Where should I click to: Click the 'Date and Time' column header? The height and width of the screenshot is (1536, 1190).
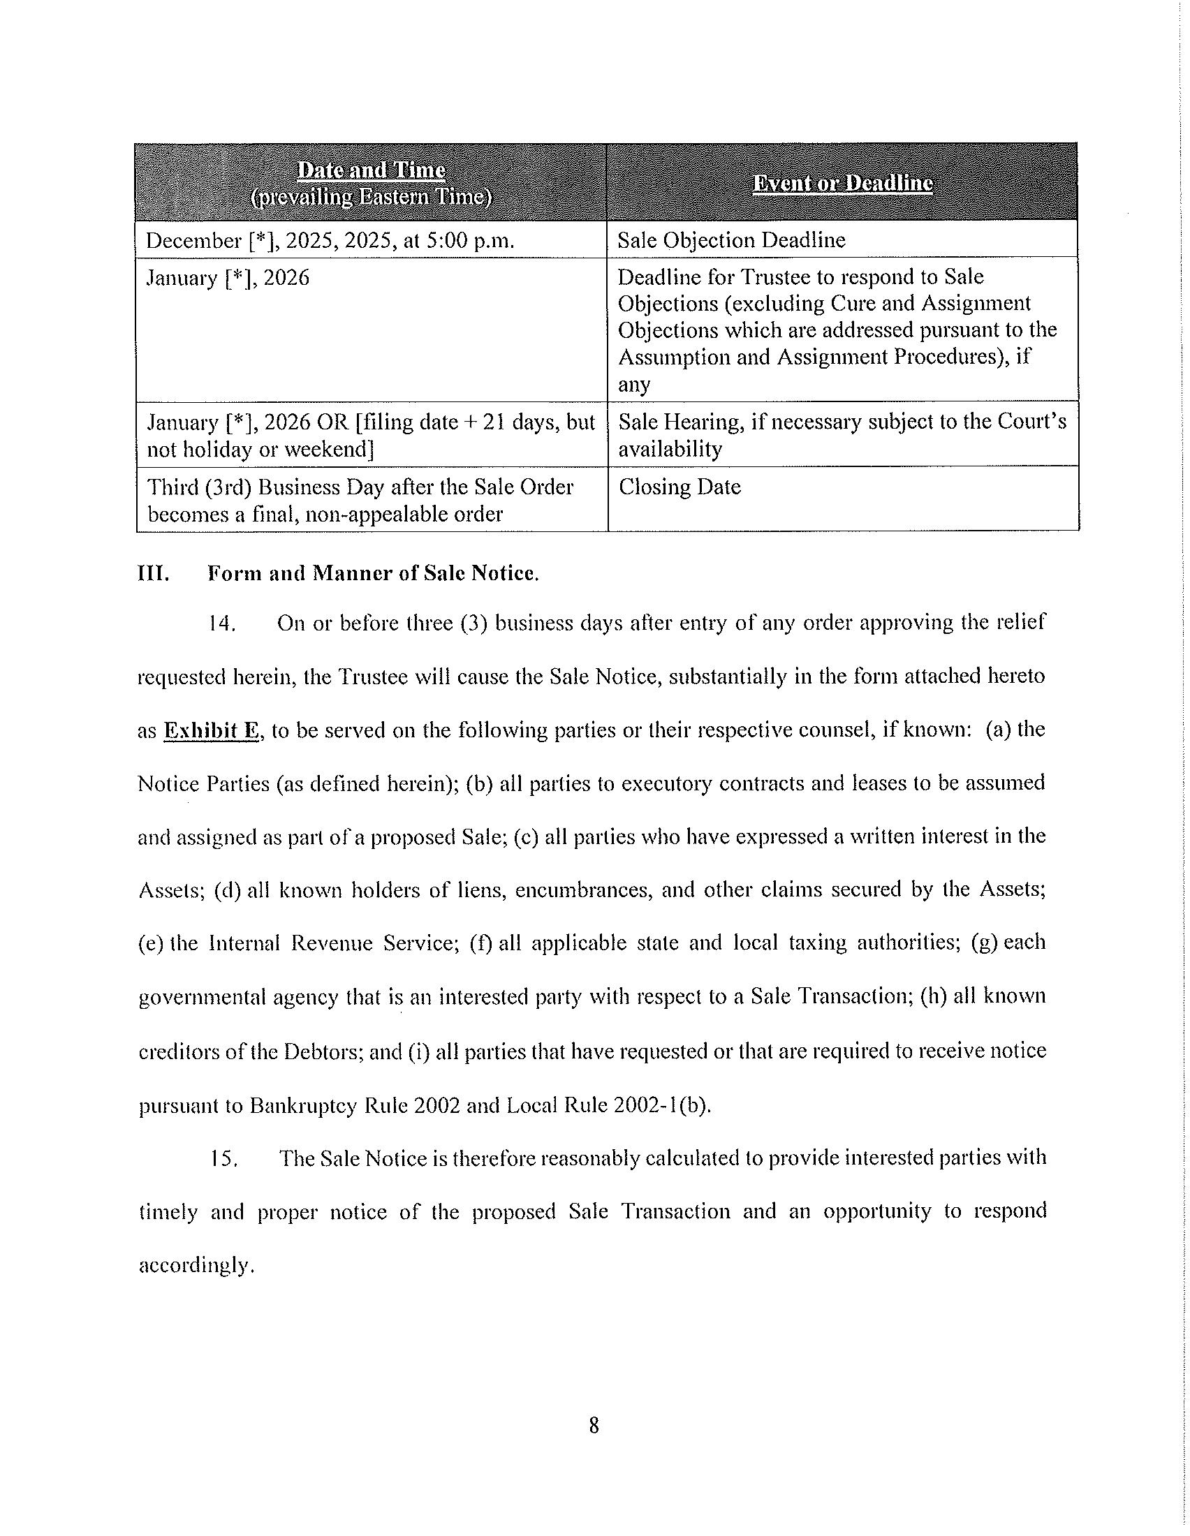pyautogui.click(x=371, y=171)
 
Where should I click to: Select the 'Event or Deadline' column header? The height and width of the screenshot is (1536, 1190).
pyautogui.click(x=842, y=184)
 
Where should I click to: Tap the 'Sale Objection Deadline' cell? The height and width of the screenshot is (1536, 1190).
pyautogui.click(x=731, y=241)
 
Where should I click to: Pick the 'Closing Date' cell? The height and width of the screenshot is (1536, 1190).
pyautogui.click(x=680, y=487)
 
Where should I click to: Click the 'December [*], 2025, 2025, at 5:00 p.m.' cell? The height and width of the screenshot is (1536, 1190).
pyautogui.click(x=330, y=242)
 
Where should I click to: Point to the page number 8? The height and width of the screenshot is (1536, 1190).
pyautogui.click(x=594, y=1425)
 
